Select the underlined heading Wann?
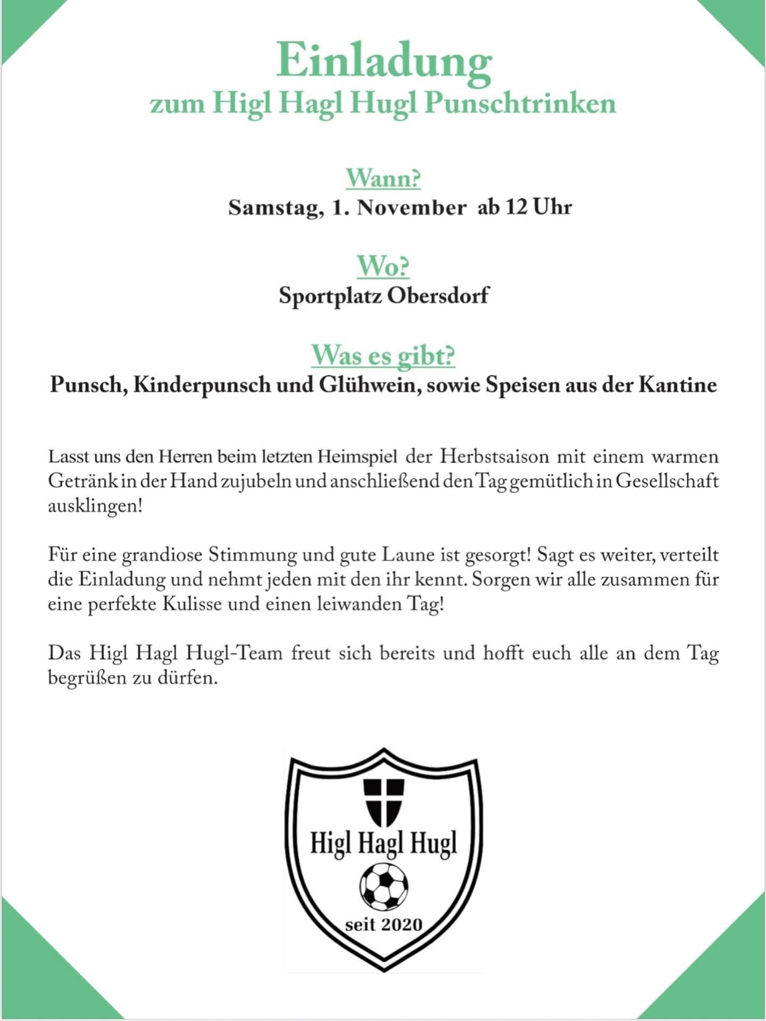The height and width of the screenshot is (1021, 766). click(383, 178)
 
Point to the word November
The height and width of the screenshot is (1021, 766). click(411, 207)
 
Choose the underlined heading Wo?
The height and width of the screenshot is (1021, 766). click(383, 266)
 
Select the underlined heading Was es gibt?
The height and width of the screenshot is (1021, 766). click(383, 355)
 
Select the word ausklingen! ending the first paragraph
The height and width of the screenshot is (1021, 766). click(96, 506)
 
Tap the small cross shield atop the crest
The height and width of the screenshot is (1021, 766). click(383, 801)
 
